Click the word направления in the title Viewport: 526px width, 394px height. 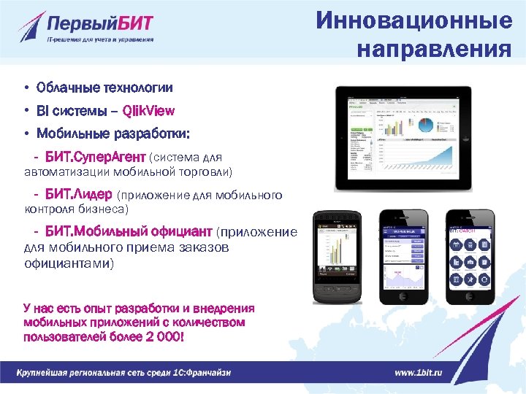tap(434, 50)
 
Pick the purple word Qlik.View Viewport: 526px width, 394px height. tap(149, 111)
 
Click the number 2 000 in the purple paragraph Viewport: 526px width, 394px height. tap(163, 338)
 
